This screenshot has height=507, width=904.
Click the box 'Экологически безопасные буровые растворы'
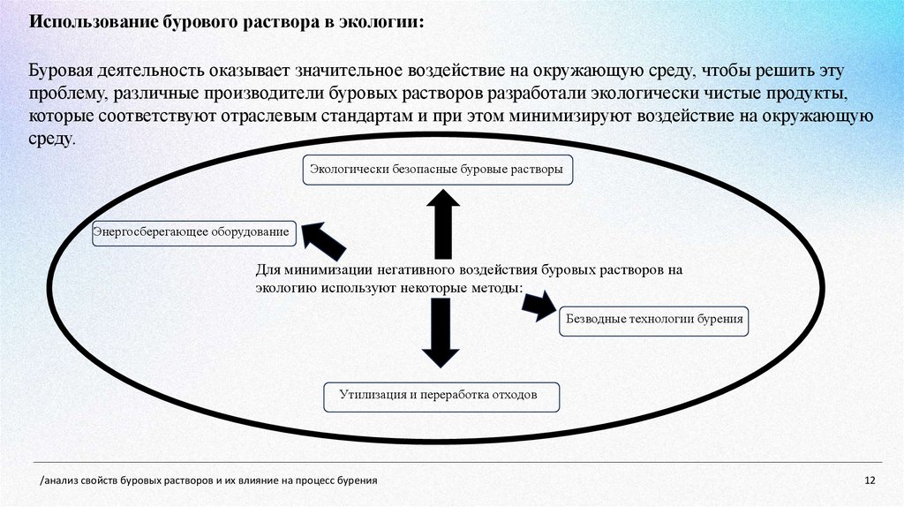438,170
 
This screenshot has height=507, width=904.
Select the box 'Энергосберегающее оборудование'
192,232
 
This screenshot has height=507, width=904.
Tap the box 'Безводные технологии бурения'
654,320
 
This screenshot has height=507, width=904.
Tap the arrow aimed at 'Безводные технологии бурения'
538,305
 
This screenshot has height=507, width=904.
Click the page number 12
870,481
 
